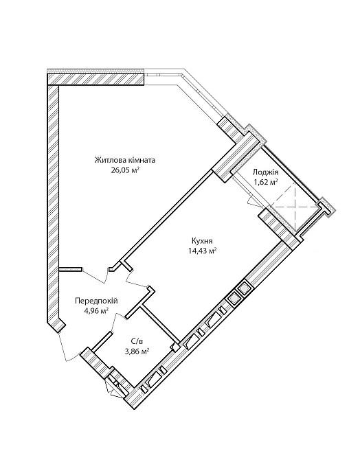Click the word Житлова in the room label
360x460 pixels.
click(x=107, y=161)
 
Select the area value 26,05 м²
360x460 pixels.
click(x=125, y=170)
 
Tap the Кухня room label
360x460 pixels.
click(x=202, y=241)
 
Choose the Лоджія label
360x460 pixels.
click(x=266, y=173)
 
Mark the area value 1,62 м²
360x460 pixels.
click(x=266, y=182)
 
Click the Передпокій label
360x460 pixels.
click(x=97, y=301)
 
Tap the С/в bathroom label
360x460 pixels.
click(x=136, y=341)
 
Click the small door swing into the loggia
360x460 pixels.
click(x=252, y=203)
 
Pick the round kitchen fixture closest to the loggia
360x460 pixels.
click(x=244, y=289)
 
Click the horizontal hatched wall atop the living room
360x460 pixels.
click(x=95, y=79)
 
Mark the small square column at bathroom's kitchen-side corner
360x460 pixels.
click(x=175, y=347)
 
